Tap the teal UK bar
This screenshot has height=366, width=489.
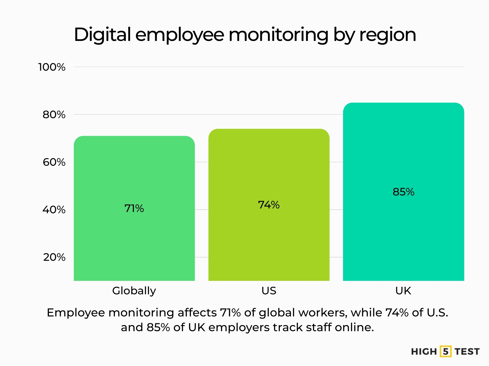[x=403, y=229]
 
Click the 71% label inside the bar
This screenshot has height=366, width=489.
[x=134, y=208]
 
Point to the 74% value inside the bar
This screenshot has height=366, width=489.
[x=269, y=205]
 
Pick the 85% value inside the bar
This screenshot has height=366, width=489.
[x=403, y=192]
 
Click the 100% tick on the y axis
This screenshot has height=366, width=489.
[x=52, y=67]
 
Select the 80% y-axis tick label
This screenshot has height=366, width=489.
[x=54, y=115]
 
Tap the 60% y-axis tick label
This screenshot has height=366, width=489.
[x=54, y=162]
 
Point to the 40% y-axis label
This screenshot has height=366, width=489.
[x=54, y=210]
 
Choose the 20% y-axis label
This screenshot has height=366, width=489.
[x=54, y=257]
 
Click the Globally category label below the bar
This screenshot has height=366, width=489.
[x=134, y=291]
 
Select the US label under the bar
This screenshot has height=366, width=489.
[x=269, y=291]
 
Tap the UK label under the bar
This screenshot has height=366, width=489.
[x=403, y=291]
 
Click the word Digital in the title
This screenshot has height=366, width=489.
[x=102, y=35]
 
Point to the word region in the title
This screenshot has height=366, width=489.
[x=388, y=35]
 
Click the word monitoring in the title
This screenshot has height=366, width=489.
[x=278, y=35]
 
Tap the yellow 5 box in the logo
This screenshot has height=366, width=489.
[x=445, y=352]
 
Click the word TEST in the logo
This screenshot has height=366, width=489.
[x=467, y=352]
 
